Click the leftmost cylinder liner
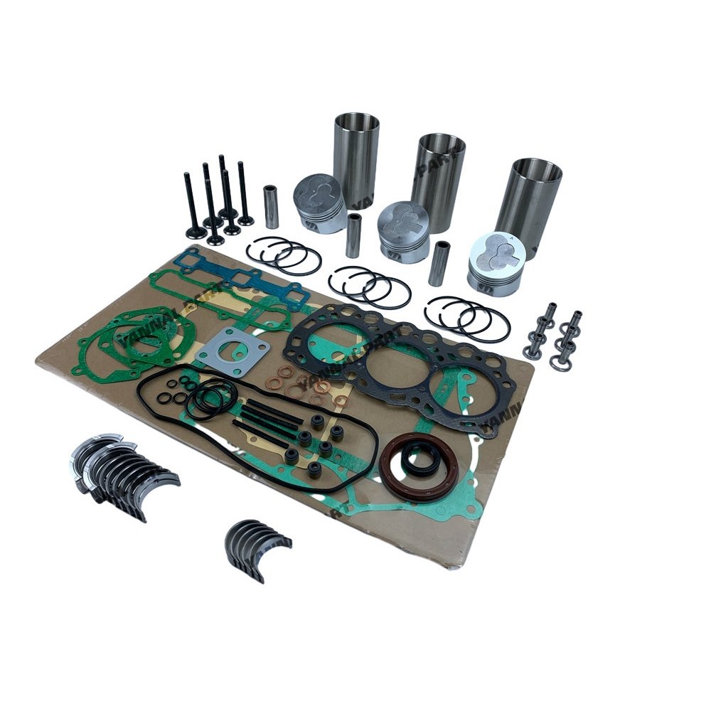(x=355, y=156)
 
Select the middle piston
(x=403, y=231)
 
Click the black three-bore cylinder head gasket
(x=398, y=363)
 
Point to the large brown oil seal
(x=419, y=466)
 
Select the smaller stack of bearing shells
(x=257, y=547)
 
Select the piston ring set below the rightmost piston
(x=466, y=317)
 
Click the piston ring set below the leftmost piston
(x=284, y=255)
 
